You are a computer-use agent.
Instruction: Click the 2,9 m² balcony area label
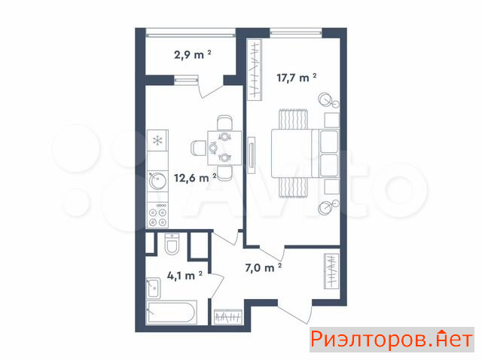click(193, 55)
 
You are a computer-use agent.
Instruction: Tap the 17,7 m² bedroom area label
click(297, 78)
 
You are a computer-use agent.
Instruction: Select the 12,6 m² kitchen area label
click(195, 178)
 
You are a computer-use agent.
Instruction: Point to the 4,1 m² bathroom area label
click(185, 276)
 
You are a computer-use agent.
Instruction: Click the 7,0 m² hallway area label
click(264, 267)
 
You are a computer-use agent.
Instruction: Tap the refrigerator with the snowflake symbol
click(157, 141)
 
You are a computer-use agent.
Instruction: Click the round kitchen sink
click(157, 181)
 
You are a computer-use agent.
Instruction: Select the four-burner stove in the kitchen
click(157, 215)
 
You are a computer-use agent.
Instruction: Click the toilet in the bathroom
click(172, 244)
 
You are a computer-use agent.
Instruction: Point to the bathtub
click(172, 312)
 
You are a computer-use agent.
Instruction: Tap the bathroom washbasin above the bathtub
click(153, 288)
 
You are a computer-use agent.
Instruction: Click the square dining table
click(224, 148)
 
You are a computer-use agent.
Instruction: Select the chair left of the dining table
click(199, 148)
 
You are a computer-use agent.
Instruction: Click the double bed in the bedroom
click(305, 154)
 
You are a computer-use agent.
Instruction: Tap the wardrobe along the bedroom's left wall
click(255, 70)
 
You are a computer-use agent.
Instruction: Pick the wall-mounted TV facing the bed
click(252, 156)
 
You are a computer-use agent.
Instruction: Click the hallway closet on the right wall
click(331, 271)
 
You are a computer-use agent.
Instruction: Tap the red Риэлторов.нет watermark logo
click(392, 340)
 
